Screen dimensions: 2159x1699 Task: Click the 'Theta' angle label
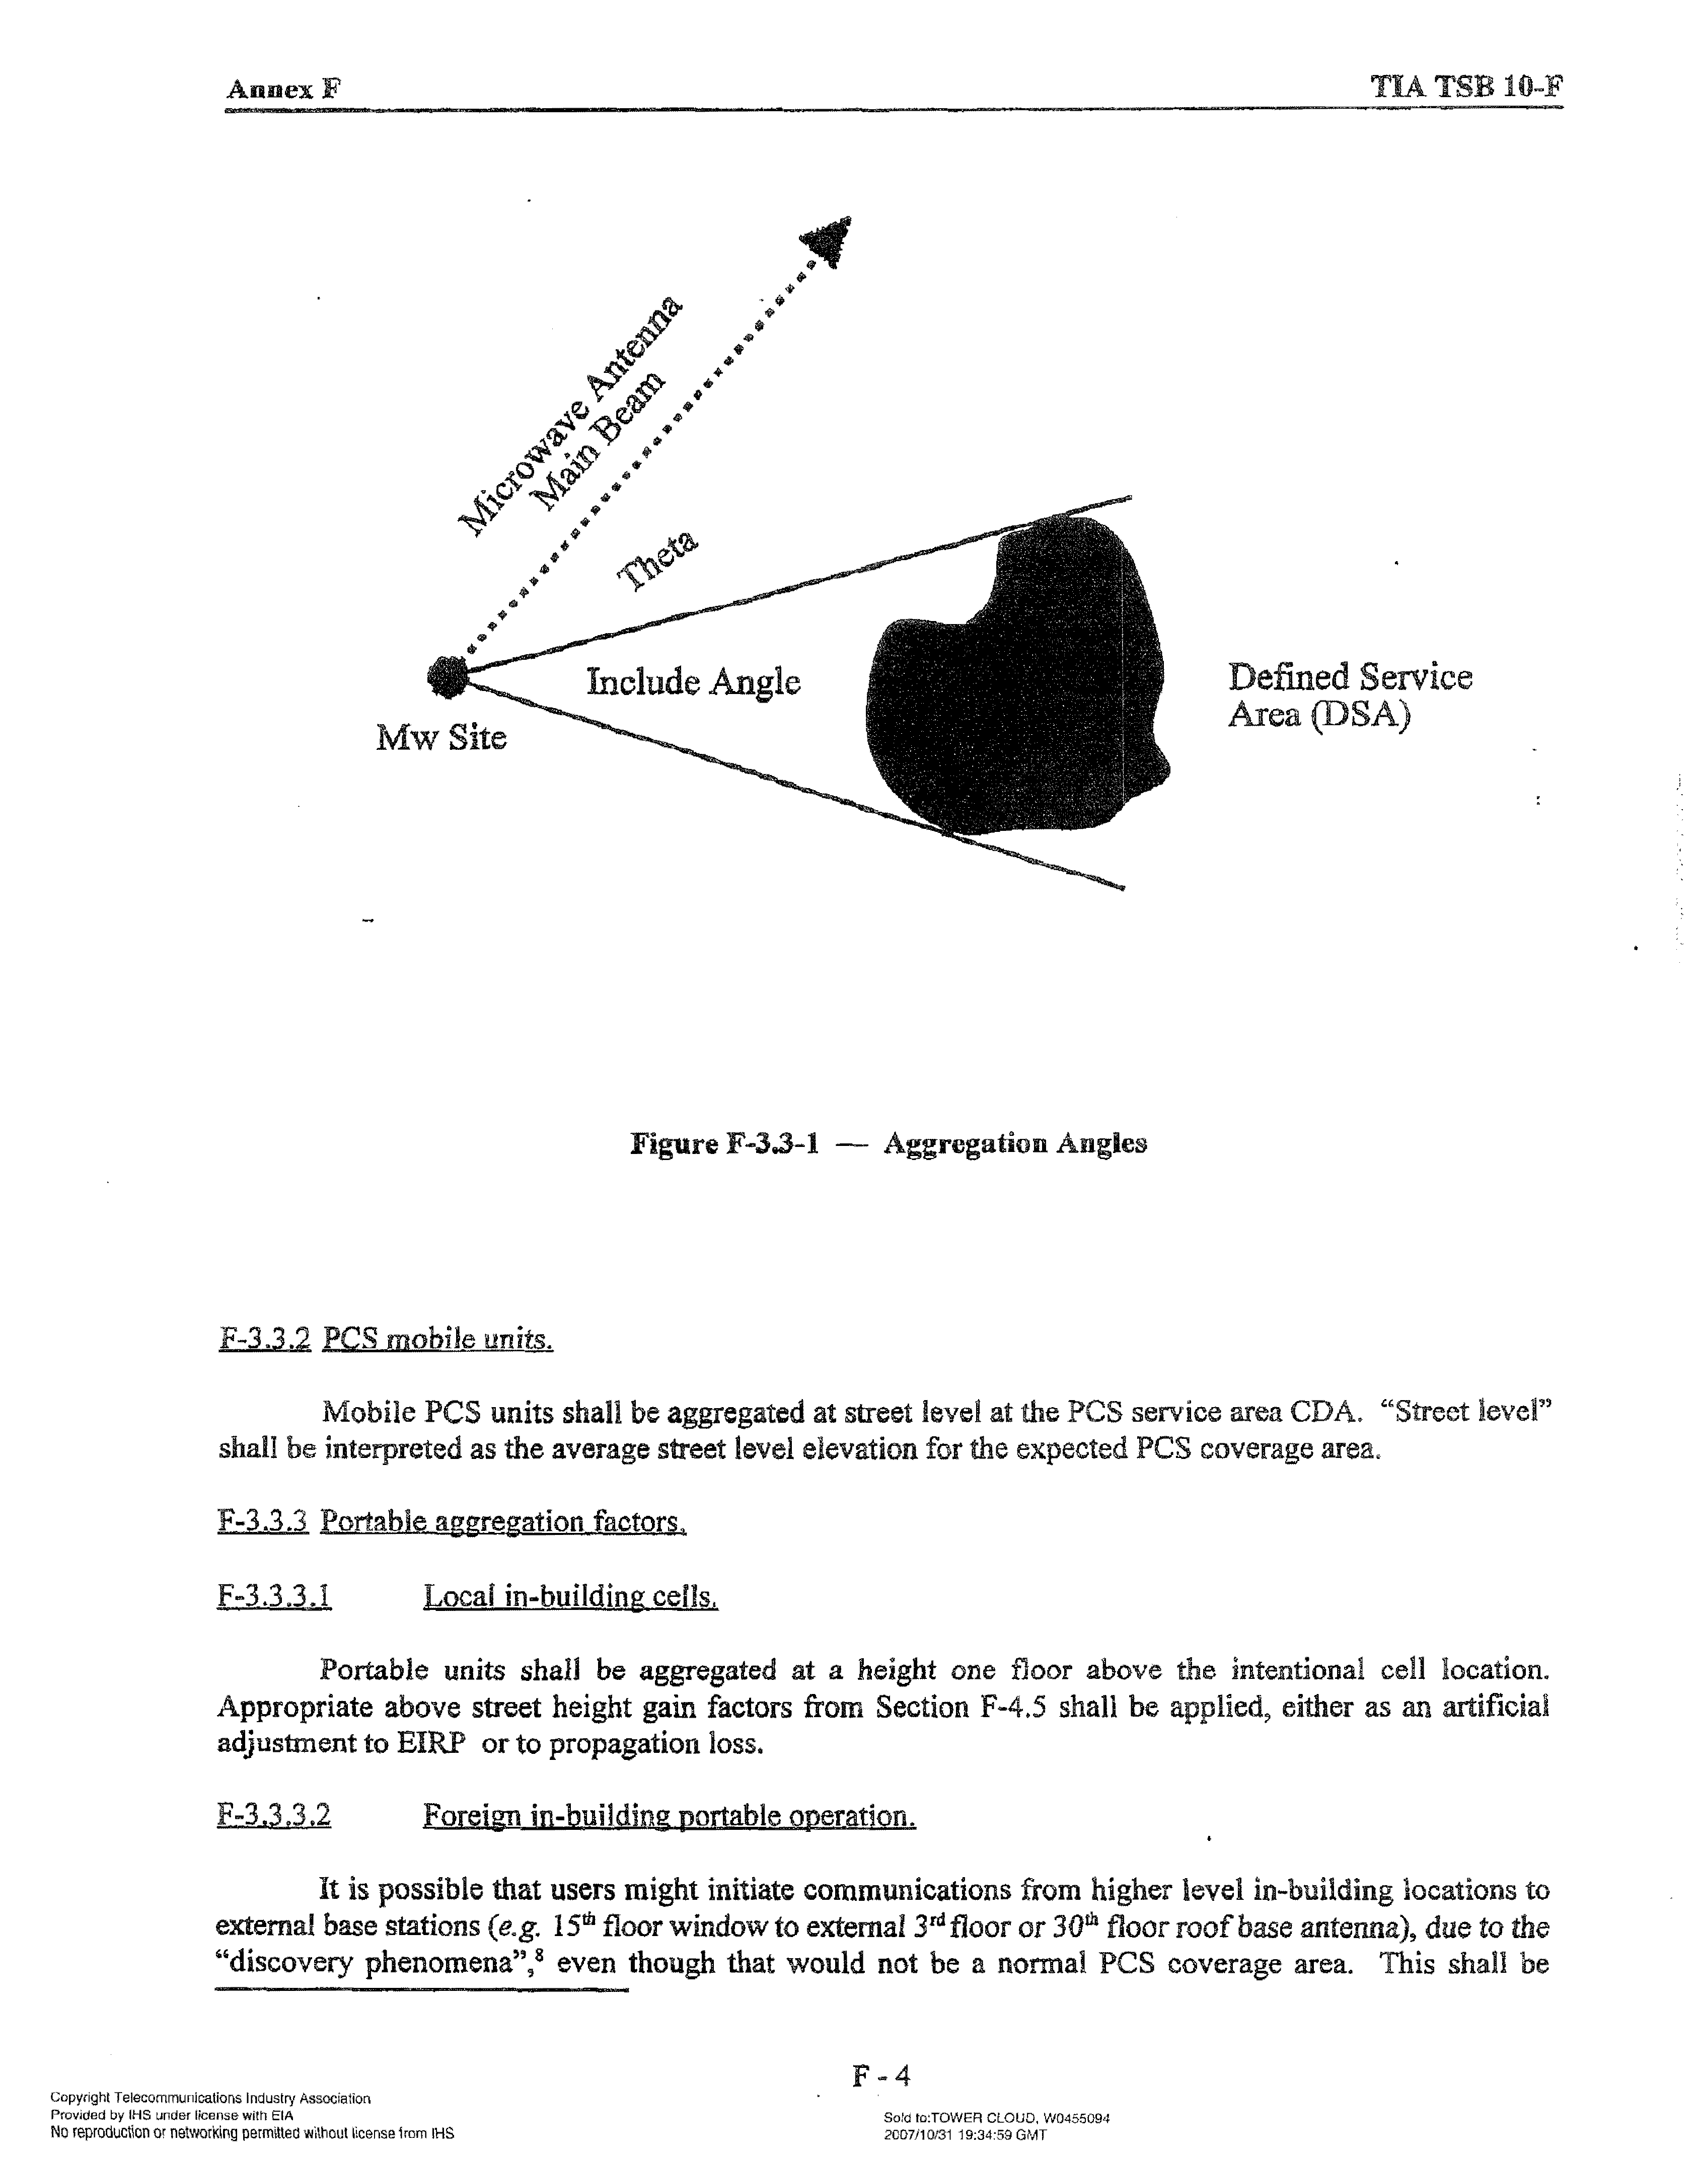click(x=657, y=560)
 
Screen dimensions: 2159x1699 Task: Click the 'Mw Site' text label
click(x=440, y=738)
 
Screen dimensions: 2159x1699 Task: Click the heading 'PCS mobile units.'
click(x=437, y=1340)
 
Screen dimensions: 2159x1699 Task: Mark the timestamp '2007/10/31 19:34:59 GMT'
click(x=965, y=2133)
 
